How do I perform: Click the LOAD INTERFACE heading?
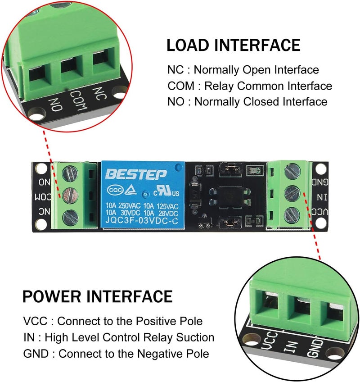tap(234, 45)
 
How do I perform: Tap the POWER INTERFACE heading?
tap(98, 296)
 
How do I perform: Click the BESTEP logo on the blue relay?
tap(136, 174)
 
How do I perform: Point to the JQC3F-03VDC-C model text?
tap(142, 221)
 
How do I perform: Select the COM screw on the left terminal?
tap(70, 195)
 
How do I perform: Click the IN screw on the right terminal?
tap(292, 194)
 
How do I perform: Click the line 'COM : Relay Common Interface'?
tap(250, 86)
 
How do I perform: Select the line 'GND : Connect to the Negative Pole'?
tap(116, 354)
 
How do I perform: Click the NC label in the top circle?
tap(99, 94)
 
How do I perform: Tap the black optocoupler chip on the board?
tap(230, 198)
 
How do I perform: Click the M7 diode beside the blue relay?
tap(195, 196)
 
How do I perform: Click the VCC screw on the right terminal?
tap(292, 215)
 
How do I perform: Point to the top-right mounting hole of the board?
tap(320, 169)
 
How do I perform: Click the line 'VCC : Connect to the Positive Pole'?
tap(113, 321)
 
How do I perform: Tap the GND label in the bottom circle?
tap(315, 349)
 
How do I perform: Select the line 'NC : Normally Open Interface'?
tap(243, 70)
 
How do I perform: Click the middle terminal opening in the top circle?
tap(69, 64)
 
